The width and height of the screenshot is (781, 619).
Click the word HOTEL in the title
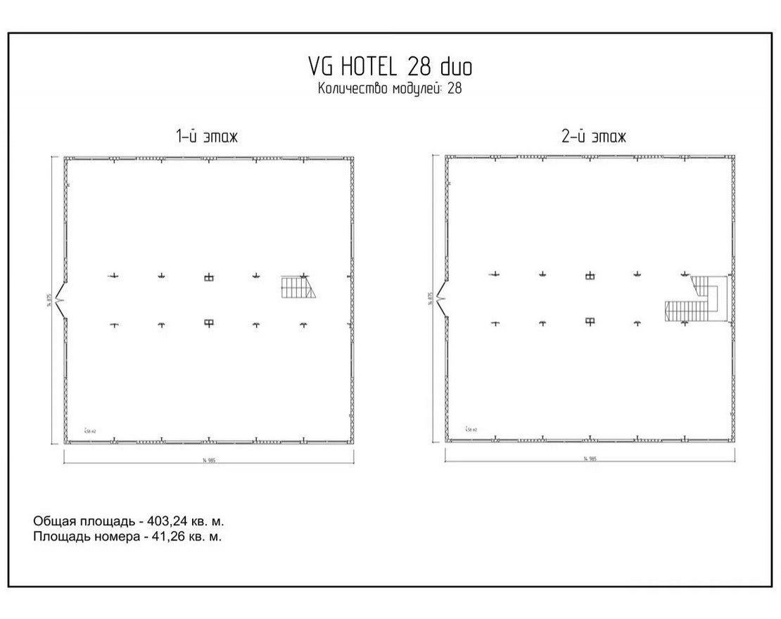pos(370,67)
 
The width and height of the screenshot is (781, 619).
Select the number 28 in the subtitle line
pos(454,89)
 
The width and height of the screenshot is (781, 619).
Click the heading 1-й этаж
pos(208,137)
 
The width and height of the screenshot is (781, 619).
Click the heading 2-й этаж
pos(593,137)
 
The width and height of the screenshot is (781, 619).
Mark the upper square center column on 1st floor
pos(208,277)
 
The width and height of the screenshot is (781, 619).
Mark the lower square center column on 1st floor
pos(208,323)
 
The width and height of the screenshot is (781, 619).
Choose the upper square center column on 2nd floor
pos(590,276)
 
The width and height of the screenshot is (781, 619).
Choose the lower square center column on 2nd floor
pos(590,322)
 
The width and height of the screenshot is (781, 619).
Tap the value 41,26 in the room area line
pos(165,537)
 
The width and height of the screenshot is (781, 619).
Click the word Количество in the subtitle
pos(350,89)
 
